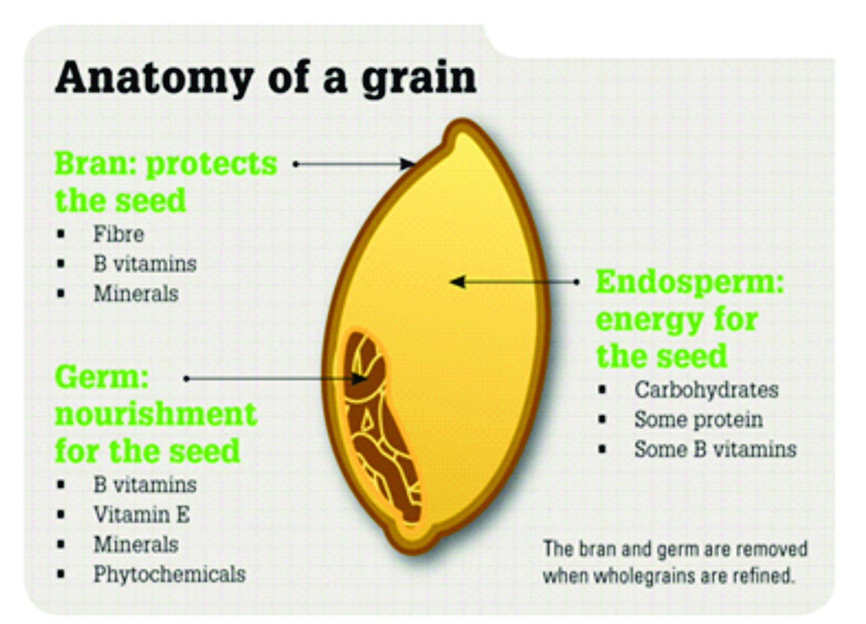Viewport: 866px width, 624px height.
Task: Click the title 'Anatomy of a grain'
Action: pos(266,78)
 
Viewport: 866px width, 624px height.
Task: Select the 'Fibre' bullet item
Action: pos(119,233)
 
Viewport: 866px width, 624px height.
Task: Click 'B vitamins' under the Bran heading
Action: pos(145,264)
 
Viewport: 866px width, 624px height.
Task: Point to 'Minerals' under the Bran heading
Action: pos(136,293)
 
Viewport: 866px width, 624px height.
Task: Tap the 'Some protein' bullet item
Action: pos(698,420)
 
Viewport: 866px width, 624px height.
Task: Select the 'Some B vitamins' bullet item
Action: pos(716,449)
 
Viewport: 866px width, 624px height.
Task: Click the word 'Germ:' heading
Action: pos(102,377)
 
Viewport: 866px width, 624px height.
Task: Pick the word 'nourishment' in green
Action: pos(156,414)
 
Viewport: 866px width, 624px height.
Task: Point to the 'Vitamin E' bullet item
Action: pos(141,515)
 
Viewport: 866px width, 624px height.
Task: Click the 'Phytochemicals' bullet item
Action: pos(170,574)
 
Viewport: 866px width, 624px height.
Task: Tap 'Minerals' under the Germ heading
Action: pos(136,544)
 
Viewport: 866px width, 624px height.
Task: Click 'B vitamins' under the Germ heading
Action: pos(145,485)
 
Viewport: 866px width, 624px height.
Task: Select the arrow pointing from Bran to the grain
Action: pos(354,164)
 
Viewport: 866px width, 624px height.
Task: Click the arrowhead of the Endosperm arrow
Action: pos(457,282)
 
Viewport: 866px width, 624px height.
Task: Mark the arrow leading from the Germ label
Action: pos(276,379)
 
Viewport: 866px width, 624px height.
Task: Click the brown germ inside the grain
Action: pos(378,425)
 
